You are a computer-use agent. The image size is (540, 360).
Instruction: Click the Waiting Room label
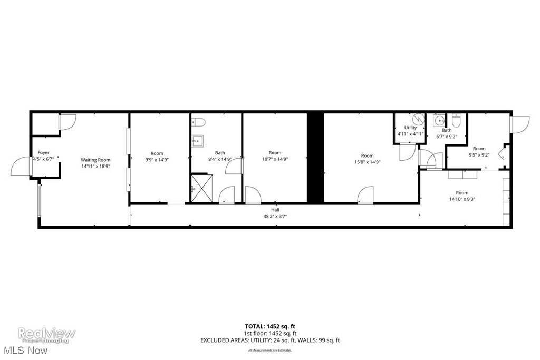click(x=95, y=160)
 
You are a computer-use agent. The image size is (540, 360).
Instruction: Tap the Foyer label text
click(x=43, y=152)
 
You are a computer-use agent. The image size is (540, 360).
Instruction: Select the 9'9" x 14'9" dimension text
click(x=157, y=160)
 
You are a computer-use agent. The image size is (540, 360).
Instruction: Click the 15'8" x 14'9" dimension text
click(x=367, y=162)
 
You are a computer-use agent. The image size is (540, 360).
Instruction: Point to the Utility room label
click(x=410, y=128)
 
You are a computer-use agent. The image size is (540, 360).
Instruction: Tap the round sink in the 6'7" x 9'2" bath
click(x=438, y=121)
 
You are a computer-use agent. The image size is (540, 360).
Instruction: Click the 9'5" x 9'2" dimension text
click(x=479, y=155)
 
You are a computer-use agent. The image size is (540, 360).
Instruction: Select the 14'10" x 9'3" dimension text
click(x=462, y=199)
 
